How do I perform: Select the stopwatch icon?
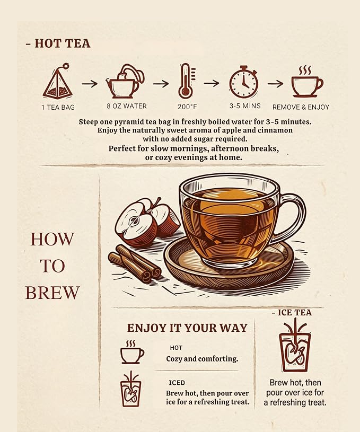244,82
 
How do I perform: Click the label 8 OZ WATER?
127,106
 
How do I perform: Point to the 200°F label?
187,107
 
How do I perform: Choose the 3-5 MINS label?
245,106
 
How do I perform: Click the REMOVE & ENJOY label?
301,107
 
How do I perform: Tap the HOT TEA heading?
58,43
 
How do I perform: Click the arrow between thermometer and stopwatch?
212,83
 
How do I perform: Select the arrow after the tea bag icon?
90,83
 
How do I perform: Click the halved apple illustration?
147,221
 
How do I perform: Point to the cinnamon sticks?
135,263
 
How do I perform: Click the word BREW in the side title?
52,292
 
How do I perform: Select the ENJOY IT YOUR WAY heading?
188,328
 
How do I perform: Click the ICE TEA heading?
292,312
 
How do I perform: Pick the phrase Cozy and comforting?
202,359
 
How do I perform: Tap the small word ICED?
177,383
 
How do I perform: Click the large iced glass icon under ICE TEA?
295,345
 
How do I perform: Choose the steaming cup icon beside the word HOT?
132,352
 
